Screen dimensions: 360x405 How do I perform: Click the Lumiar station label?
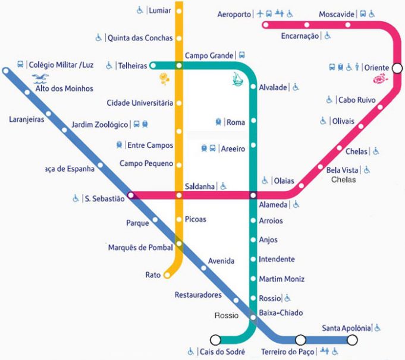[159, 10]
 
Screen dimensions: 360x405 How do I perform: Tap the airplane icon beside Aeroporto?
[260, 14]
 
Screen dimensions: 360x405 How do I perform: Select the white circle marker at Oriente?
[397, 68]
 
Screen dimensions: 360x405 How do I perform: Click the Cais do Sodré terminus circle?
[215, 340]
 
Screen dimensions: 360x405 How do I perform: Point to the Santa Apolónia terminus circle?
[352, 340]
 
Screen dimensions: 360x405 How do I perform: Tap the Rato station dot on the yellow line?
[167, 275]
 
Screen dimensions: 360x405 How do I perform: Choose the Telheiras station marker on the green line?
[153, 65]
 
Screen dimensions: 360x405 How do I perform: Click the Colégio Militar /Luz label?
[61, 64]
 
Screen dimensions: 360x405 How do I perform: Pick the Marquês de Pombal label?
[140, 247]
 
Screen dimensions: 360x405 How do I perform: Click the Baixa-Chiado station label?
[281, 313]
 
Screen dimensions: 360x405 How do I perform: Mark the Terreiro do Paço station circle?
[301, 340]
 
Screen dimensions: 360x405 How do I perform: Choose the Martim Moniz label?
[281, 279]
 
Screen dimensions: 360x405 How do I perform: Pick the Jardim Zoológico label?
[99, 125]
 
